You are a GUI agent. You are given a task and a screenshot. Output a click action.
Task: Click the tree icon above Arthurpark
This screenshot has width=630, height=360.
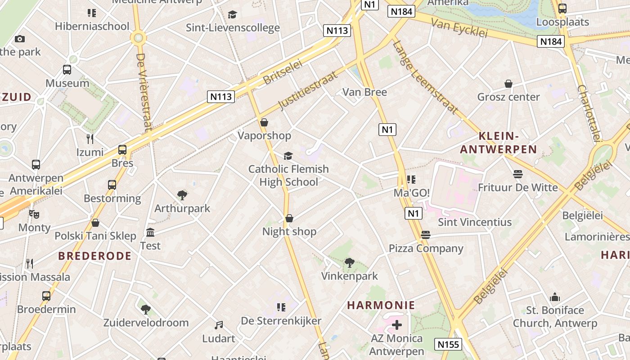(x=182, y=195)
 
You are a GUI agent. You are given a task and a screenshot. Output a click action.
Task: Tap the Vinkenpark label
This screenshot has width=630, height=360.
(x=349, y=276)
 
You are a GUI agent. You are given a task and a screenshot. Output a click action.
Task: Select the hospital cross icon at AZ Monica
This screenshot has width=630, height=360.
(x=396, y=324)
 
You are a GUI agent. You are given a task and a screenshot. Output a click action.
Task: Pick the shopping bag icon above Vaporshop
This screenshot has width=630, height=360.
(x=264, y=122)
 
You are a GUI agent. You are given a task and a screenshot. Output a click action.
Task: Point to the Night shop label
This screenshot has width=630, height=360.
(x=289, y=232)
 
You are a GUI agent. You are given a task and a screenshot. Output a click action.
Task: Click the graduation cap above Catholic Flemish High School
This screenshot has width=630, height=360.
(x=288, y=156)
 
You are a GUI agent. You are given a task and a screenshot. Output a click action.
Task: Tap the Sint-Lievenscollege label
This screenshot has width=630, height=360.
(x=233, y=28)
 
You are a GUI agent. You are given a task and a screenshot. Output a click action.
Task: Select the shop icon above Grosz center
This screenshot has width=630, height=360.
(x=508, y=84)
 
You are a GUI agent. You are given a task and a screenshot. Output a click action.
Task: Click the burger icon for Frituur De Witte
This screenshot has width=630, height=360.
(x=517, y=174)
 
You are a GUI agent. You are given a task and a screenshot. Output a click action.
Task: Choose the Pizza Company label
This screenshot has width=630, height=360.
(x=426, y=248)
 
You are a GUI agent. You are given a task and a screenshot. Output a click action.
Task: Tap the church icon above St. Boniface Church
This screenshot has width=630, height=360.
(x=555, y=297)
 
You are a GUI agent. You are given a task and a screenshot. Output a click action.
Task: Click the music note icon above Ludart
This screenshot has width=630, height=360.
(x=219, y=325)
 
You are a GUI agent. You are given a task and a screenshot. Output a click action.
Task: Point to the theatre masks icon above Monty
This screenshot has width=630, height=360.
(x=34, y=214)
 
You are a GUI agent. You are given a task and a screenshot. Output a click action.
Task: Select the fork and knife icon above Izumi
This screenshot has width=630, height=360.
(x=90, y=139)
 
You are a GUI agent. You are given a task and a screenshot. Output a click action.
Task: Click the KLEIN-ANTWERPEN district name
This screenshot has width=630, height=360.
(x=499, y=143)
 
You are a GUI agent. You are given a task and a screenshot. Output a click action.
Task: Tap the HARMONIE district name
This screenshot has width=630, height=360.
(x=381, y=305)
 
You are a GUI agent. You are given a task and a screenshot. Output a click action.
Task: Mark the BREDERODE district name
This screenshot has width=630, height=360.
(x=94, y=256)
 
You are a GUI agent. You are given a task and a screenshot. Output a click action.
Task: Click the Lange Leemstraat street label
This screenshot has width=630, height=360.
(x=425, y=77)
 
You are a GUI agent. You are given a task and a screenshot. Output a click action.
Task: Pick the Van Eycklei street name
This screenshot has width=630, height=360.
(x=459, y=28)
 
